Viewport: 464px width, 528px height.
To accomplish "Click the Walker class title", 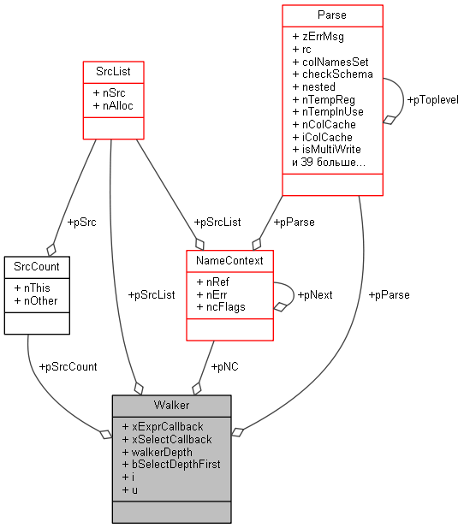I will (x=171, y=404).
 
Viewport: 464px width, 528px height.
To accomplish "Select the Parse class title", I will (x=332, y=15).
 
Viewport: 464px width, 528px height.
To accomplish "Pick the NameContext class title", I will (x=229, y=259).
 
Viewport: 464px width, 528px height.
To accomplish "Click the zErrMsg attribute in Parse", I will (x=318, y=37).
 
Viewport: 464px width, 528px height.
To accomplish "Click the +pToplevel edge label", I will (x=432, y=100).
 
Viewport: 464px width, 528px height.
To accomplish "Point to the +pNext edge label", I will (x=314, y=294).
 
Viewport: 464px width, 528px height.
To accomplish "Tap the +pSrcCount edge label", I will (x=68, y=366).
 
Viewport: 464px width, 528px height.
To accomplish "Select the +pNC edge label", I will (x=224, y=366).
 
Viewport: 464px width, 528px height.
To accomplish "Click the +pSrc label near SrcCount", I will (x=81, y=222).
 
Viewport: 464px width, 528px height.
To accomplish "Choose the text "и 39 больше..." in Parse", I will (x=329, y=162).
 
